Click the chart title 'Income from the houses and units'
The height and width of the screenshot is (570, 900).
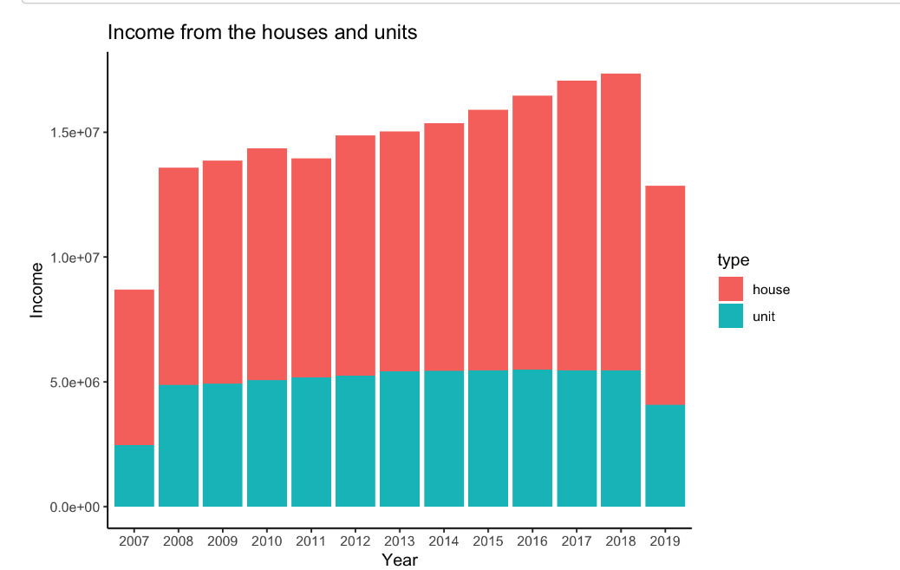point(262,33)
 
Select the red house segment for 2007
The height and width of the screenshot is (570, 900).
point(134,367)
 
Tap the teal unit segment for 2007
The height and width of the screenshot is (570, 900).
point(134,475)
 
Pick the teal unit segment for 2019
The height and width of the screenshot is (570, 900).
point(665,455)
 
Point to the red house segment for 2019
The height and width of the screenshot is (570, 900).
point(665,295)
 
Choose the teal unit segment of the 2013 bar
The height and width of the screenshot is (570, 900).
point(400,438)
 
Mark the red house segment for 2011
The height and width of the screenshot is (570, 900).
point(311,268)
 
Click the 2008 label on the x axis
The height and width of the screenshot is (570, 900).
point(178,541)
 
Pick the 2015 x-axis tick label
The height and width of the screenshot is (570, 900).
point(488,541)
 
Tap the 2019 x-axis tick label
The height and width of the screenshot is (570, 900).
point(665,541)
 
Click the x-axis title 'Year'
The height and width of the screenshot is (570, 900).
point(400,560)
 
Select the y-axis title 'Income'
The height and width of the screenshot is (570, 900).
point(36,290)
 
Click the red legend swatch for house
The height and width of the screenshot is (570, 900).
point(731,289)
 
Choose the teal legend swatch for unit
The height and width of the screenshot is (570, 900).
point(731,316)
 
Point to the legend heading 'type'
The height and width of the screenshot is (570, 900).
point(734,260)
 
